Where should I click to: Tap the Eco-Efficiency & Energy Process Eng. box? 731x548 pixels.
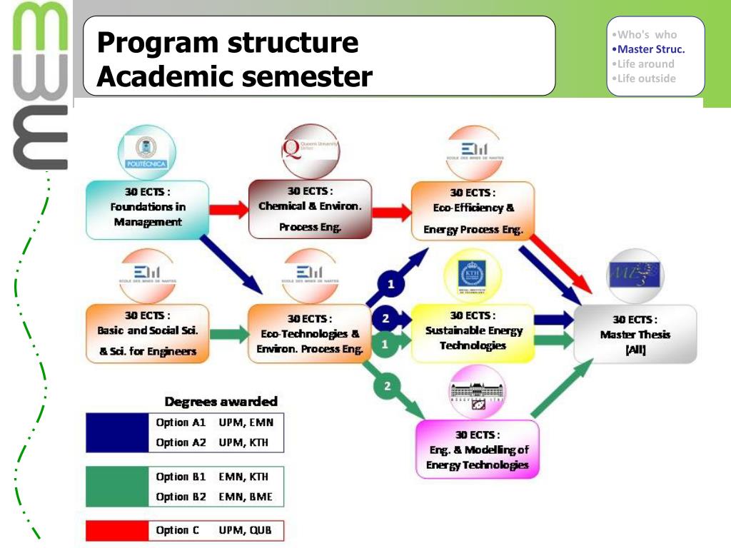point(473,210)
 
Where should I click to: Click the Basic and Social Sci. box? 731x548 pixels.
point(147,333)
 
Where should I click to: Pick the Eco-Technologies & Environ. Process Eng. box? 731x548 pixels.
point(310,334)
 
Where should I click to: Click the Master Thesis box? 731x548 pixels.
point(635,334)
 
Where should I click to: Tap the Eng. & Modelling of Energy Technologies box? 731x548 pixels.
point(477,449)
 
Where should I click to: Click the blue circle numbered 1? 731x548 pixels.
point(390,283)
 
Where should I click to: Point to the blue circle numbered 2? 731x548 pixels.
point(385,318)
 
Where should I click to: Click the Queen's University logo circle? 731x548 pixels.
point(310,151)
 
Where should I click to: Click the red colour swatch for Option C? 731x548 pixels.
point(116,531)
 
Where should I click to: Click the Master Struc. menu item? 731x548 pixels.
point(650,49)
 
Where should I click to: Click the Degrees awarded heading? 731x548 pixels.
point(221,402)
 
